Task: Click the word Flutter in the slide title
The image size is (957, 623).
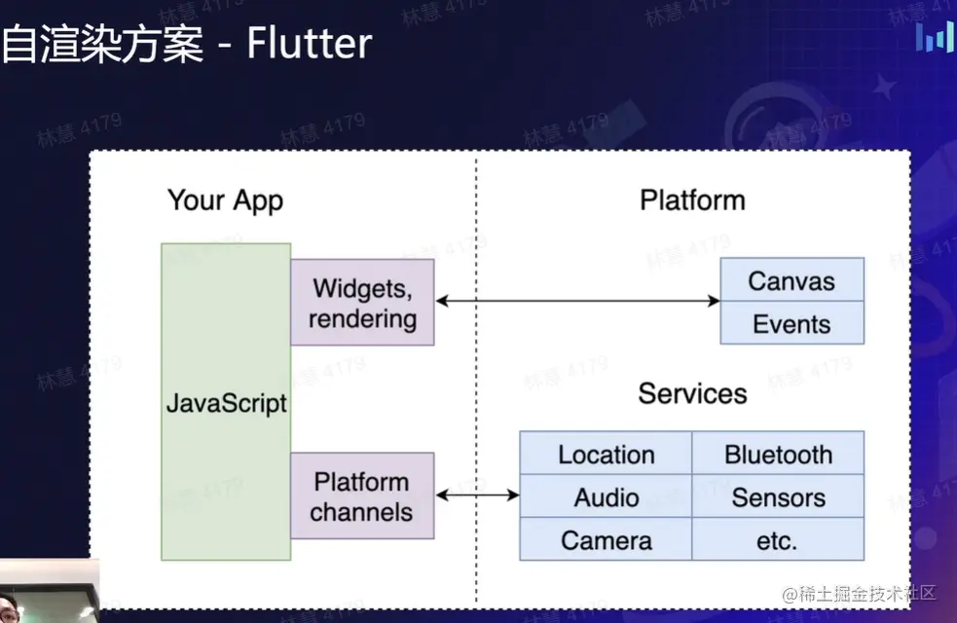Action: tap(309, 44)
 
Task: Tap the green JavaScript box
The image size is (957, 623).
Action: tap(226, 402)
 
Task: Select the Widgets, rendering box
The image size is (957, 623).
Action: tap(362, 302)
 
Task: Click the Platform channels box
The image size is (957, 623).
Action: tap(362, 495)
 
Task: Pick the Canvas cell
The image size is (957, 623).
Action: tap(791, 280)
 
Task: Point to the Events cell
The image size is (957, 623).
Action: tap(791, 323)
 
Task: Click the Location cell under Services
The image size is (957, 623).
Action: tap(606, 454)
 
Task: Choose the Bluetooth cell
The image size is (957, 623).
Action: tap(778, 454)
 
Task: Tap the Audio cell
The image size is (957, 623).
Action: tap(606, 496)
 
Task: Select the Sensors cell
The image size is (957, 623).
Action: tap(778, 496)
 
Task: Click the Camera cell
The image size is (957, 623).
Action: tap(606, 539)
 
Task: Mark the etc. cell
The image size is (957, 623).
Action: tap(778, 539)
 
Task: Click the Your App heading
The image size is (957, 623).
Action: tap(225, 201)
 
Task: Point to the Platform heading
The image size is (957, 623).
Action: tap(692, 200)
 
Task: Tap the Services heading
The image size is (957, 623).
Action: tap(692, 393)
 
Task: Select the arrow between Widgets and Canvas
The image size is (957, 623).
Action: tap(576, 301)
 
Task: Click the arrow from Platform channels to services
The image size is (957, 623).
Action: tap(477, 495)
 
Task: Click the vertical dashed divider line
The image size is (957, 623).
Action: tap(476, 389)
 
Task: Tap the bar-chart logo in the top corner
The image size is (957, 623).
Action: tap(935, 37)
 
